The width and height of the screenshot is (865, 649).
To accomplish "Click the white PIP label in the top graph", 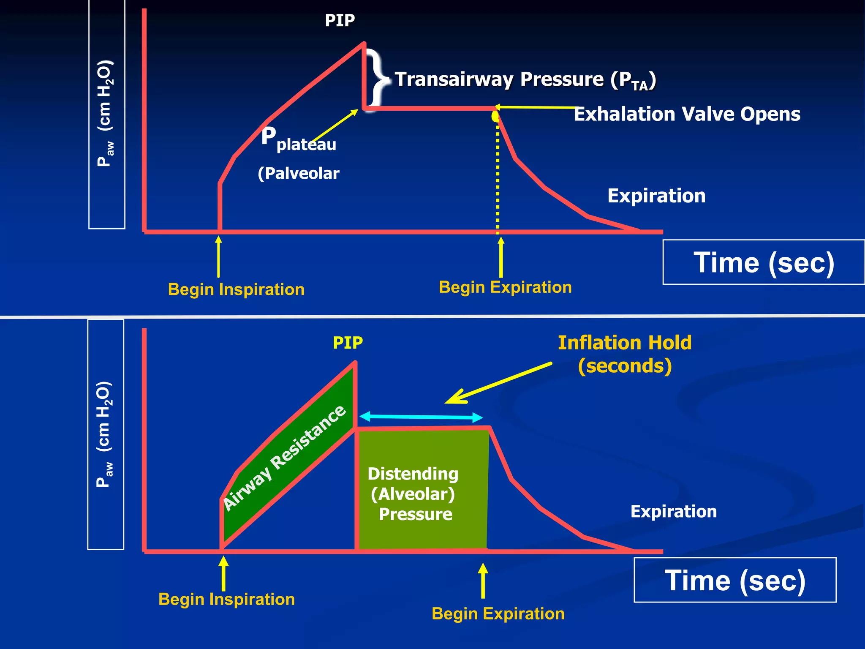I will coord(340,20).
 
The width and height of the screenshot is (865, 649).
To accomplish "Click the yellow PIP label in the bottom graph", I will coord(348,343).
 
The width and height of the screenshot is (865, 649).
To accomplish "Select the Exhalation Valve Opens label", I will coord(687,114).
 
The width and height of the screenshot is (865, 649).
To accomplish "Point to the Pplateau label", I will coord(298,139).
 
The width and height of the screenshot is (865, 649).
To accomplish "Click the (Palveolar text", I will coord(299,174).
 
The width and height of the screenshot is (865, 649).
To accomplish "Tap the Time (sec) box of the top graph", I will coord(763,262).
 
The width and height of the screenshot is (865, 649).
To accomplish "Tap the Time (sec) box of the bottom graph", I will coord(735,580).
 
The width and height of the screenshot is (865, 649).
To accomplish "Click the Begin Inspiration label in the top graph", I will coord(236,289).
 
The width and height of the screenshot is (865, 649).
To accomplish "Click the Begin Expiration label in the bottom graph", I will coord(498,614).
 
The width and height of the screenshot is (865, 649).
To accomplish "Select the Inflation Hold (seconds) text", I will coord(624,354).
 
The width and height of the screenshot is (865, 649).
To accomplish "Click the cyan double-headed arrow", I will coord(421,417).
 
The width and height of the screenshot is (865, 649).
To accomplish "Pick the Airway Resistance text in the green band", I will coord(284,457).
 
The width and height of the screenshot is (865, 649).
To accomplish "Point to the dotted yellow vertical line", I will coord(498,177).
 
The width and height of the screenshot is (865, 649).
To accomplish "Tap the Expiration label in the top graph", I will coord(656,196).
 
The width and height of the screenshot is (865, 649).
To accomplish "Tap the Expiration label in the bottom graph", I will coord(673,512).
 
